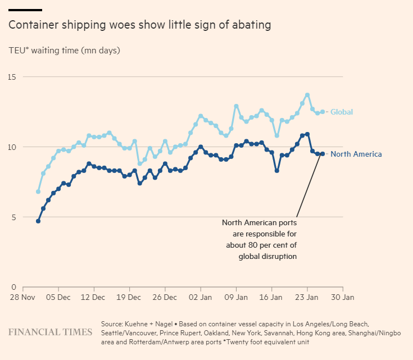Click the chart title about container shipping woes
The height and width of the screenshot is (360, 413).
139,25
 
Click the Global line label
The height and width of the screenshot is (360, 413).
342,112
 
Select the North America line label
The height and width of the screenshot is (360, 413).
356,154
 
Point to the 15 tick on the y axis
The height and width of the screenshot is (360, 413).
12,77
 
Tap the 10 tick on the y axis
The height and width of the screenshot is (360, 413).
12,147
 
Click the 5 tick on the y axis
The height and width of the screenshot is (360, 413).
14,217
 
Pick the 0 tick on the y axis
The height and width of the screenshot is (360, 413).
14,288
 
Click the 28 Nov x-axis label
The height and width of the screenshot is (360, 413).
23,297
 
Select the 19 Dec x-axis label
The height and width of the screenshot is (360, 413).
130,297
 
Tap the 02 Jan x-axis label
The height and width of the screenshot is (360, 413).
200,297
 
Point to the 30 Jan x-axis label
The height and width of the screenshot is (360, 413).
343,297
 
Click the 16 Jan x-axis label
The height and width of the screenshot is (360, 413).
271,297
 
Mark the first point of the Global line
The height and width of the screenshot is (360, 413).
38,192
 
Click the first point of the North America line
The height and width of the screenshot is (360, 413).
38,221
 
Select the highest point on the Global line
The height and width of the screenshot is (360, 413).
307,95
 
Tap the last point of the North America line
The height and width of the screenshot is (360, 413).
323,154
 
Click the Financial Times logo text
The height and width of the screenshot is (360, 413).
50,332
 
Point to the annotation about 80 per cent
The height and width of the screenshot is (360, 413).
260,239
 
